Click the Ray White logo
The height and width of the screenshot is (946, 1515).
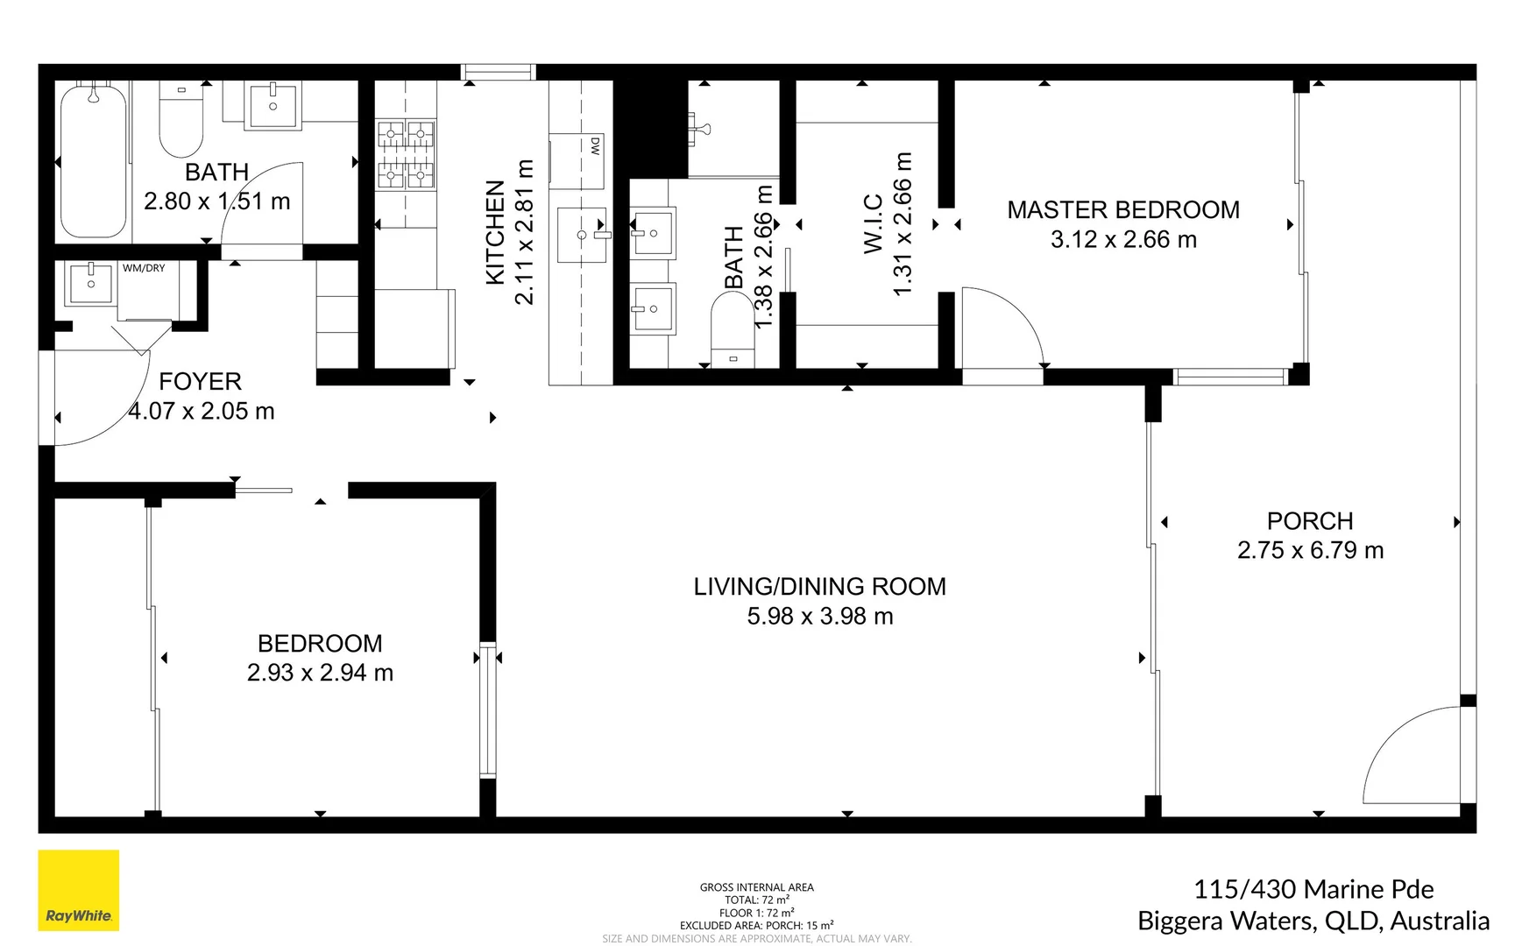78,890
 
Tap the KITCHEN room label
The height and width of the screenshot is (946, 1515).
495,232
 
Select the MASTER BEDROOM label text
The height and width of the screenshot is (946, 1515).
1123,210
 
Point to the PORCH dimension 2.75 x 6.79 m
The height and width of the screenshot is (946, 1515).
1310,550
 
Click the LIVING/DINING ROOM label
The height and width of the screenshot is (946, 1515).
819,586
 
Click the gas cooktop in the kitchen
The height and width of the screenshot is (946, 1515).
406,155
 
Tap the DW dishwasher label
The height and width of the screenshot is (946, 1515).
595,146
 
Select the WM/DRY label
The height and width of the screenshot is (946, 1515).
144,268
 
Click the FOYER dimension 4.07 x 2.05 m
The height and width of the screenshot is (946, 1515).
202,411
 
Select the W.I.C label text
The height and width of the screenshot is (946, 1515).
874,224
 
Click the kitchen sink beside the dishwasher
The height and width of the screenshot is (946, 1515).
582,235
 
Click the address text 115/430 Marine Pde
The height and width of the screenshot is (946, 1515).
1313,889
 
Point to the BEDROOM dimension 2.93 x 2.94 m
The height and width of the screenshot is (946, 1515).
320,673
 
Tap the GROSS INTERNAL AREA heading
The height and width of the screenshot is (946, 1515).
756,887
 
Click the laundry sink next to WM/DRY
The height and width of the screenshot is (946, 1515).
90,283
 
